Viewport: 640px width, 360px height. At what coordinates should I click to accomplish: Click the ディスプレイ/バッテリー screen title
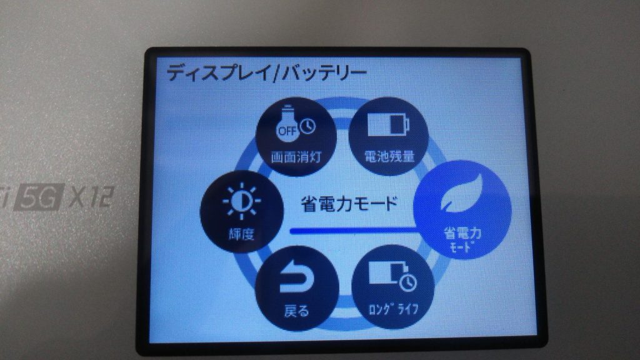tap(266, 73)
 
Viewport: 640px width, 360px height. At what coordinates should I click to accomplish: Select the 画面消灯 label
tap(296, 157)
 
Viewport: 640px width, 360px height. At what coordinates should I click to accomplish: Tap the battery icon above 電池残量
tap(388, 124)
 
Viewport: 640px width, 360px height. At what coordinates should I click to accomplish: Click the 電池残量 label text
tap(389, 156)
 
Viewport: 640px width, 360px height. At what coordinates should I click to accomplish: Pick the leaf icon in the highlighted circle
tap(462, 194)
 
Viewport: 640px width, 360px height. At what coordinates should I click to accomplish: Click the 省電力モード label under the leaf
tap(462, 239)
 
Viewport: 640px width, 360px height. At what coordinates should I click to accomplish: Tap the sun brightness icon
tap(242, 201)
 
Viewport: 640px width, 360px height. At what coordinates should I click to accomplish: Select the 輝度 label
tap(241, 234)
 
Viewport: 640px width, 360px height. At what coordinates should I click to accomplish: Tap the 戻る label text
tap(296, 311)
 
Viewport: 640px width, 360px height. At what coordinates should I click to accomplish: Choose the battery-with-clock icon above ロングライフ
tap(392, 276)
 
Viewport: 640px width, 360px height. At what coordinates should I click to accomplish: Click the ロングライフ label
tap(393, 309)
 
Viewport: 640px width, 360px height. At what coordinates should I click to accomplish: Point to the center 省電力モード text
tap(349, 204)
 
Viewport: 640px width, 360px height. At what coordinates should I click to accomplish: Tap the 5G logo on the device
tap(39, 197)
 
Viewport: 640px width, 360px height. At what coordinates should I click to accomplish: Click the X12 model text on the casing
tap(92, 197)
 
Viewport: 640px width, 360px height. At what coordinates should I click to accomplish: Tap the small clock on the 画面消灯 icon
tap(307, 126)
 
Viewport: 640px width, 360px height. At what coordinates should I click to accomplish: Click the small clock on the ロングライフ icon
tap(407, 283)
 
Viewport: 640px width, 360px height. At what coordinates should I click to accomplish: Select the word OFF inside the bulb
tap(287, 131)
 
